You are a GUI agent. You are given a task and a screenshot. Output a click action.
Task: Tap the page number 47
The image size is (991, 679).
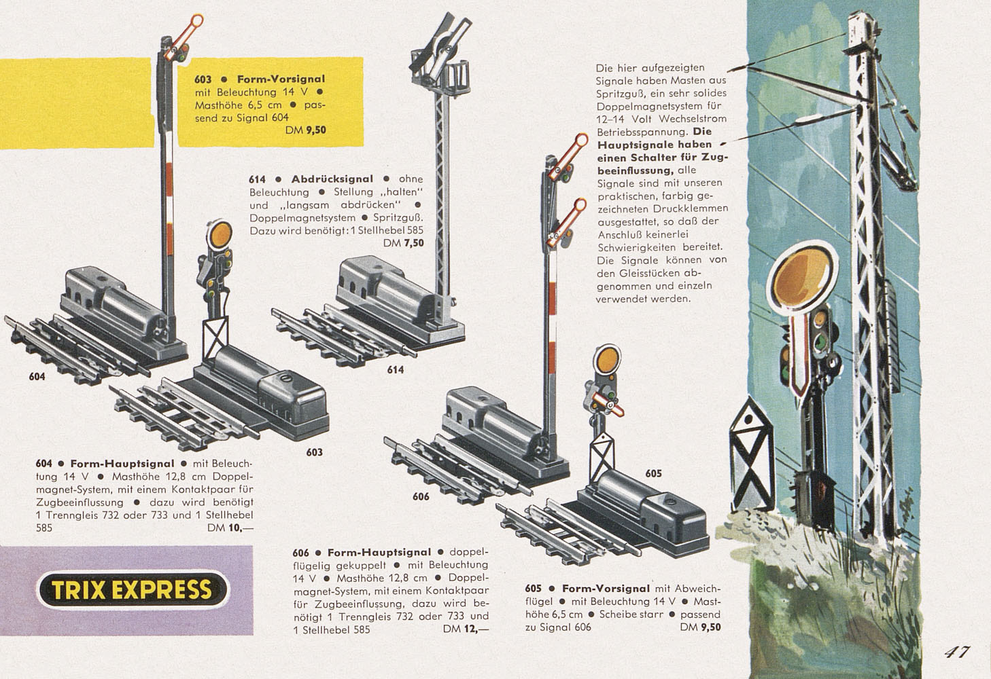pyautogui.click(x=957, y=652)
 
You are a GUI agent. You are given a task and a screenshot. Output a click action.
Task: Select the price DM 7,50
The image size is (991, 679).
pyautogui.click(x=404, y=243)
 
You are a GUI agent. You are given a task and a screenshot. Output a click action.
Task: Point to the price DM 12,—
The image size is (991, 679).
pyautogui.click(x=466, y=629)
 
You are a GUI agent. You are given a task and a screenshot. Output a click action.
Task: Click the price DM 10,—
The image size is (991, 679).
pyautogui.click(x=230, y=528)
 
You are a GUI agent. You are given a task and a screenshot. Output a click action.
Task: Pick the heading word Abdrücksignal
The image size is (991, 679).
pyautogui.click(x=332, y=179)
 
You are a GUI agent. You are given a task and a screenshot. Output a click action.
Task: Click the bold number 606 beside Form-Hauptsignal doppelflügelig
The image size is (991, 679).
pyautogui.click(x=300, y=553)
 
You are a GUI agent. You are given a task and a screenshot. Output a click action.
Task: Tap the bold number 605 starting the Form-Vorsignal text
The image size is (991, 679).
pyautogui.click(x=533, y=589)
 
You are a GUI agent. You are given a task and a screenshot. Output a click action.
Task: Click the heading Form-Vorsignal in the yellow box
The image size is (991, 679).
pyautogui.click(x=281, y=79)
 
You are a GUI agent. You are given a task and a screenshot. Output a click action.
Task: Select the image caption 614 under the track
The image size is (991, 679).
pyautogui.click(x=396, y=369)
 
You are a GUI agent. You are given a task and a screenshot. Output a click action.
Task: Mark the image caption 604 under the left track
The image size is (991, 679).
pyautogui.click(x=37, y=377)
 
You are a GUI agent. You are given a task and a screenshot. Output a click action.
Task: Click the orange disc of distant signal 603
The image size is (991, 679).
pyautogui.click(x=220, y=235)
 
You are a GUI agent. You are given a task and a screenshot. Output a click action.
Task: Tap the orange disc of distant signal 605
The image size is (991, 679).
pyautogui.click(x=607, y=359)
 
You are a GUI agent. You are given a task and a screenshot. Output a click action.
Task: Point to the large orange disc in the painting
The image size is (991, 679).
pyautogui.click(x=801, y=275)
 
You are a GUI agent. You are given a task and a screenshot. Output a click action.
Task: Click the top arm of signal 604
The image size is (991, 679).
pyautogui.click(x=184, y=37)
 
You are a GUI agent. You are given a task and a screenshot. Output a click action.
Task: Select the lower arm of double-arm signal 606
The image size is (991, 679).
pyautogui.click(x=567, y=222)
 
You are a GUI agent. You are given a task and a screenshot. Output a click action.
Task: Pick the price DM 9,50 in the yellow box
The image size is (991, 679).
pyautogui.click(x=306, y=130)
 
